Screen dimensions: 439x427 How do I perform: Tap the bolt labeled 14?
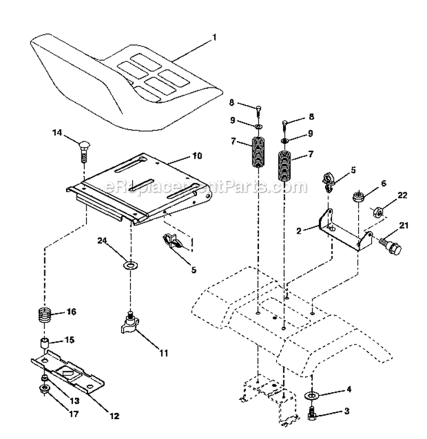pos(83,151)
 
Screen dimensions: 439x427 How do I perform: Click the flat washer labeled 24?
pos(131,264)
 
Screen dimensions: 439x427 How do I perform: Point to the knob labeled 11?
pos(130,328)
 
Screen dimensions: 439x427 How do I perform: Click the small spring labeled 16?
pos(46,314)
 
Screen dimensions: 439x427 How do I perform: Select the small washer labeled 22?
pos(376,213)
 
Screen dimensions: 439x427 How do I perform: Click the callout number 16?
pos(71,312)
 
